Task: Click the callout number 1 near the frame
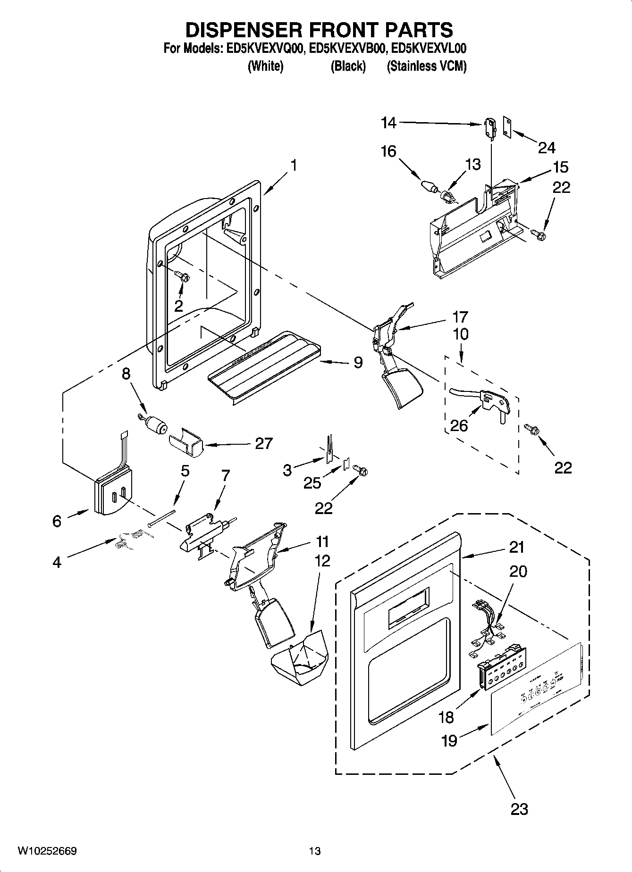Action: point(294,166)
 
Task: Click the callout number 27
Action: point(263,444)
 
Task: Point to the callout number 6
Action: point(57,521)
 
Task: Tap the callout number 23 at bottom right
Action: point(519,810)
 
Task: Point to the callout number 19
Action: point(449,741)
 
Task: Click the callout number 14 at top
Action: point(388,123)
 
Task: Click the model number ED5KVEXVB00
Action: point(347,49)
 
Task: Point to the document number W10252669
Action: point(47,851)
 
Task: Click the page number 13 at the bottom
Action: point(315,851)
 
